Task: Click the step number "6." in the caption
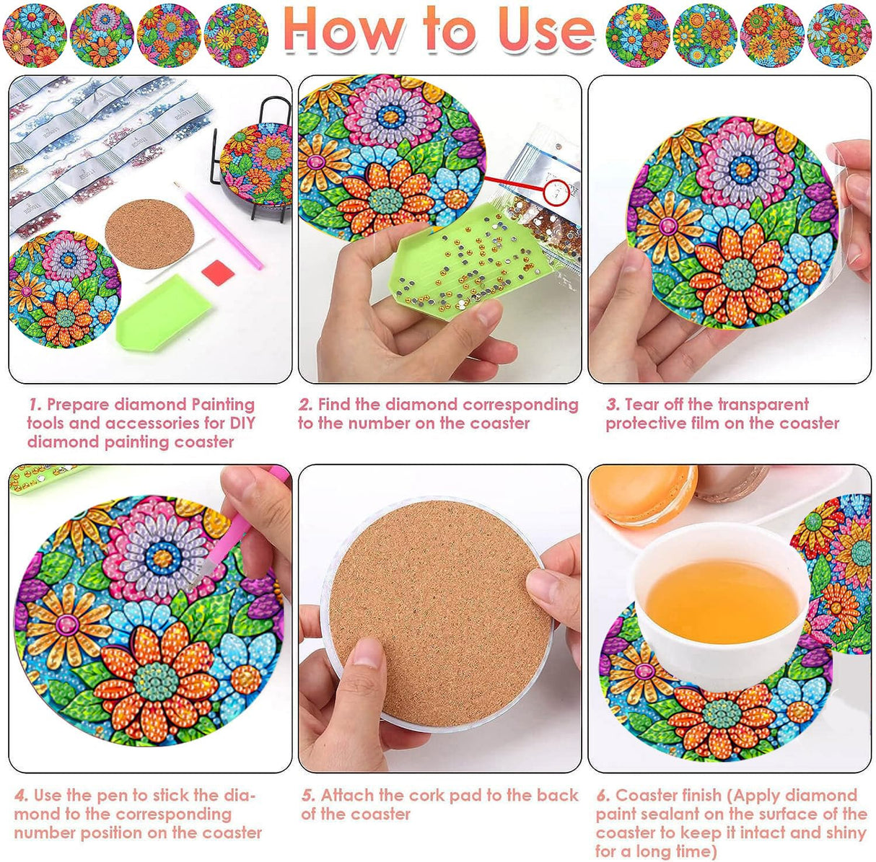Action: tap(603, 796)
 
